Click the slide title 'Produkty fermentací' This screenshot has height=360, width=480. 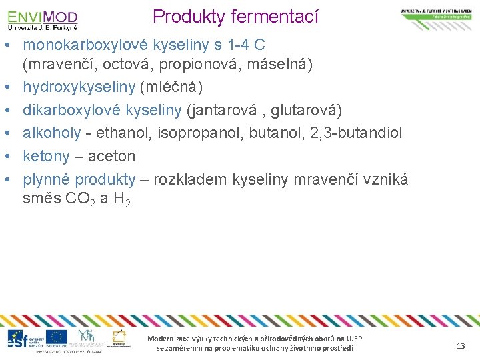point(236,16)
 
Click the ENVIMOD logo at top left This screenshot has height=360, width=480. point(43,19)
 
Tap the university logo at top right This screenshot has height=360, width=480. point(437,15)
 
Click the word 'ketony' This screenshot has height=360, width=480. point(46,156)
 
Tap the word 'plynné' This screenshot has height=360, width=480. point(47,179)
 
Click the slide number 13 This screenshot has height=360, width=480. point(460,345)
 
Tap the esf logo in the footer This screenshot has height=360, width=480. point(19,338)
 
